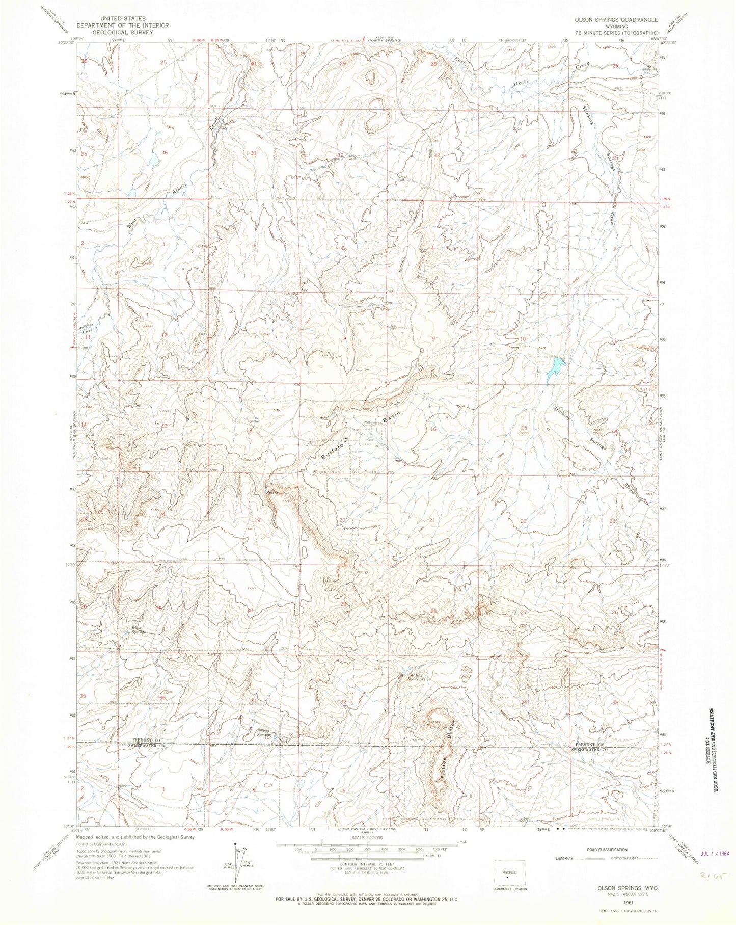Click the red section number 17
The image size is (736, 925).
click(x=344, y=424)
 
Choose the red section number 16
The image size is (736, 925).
click(x=433, y=429)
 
